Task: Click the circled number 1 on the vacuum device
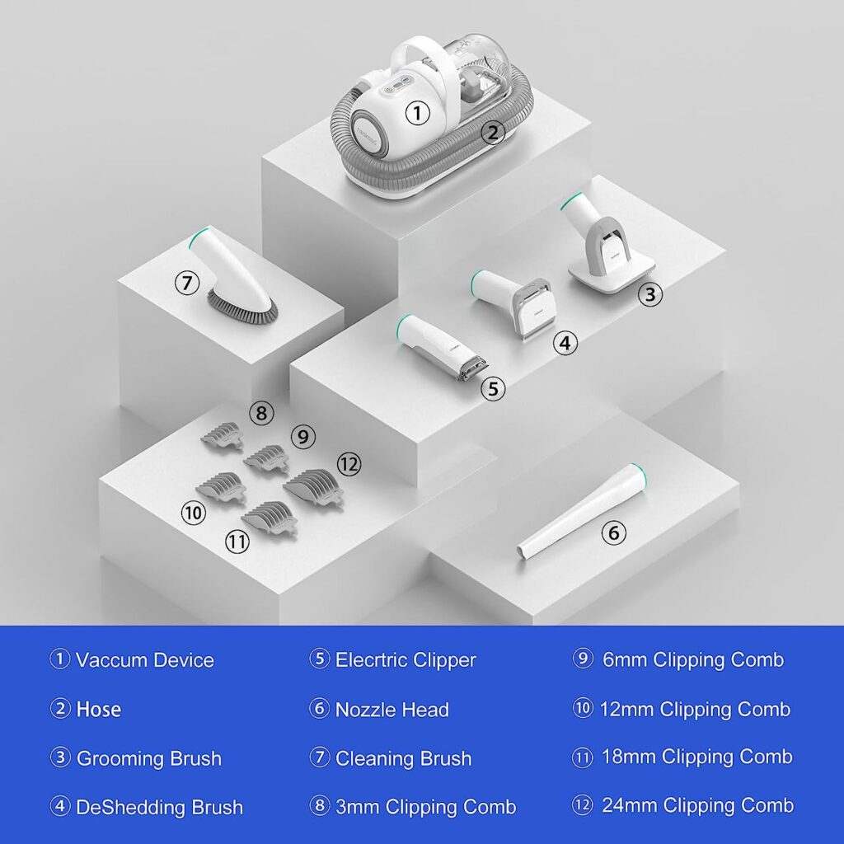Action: pyautogui.click(x=417, y=113)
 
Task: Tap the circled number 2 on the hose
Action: pyautogui.click(x=493, y=132)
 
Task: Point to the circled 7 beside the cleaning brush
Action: pyautogui.click(x=187, y=283)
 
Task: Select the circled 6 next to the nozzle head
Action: pyautogui.click(x=613, y=533)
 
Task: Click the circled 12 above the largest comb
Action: pyautogui.click(x=349, y=464)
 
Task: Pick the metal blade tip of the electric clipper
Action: pyautogui.click(x=474, y=370)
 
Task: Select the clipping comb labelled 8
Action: pyautogui.click(x=223, y=436)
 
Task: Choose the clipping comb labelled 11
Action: pyautogui.click(x=270, y=518)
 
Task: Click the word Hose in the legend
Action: pyautogui.click(x=99, y=709)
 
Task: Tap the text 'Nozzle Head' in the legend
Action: pyautogui.click(x=392, y=710)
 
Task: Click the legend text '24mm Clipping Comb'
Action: pyautogui.click(x=697, y=805)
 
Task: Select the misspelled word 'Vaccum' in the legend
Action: pyautogui.click(x=110, y=660)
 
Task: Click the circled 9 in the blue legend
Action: pyautogui.click(x=583, y=659)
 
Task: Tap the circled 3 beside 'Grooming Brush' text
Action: pyautogui.click(x=59, y=758)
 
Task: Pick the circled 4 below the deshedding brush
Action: pyautogui.click(x=565, y=342)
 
